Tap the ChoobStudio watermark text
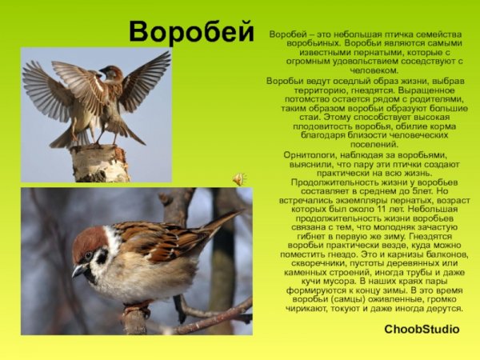(x=422, y=329)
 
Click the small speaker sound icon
(x=238, y=178)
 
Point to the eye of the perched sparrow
(x=89, y=255)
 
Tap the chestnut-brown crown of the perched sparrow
(x=90, y=238)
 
